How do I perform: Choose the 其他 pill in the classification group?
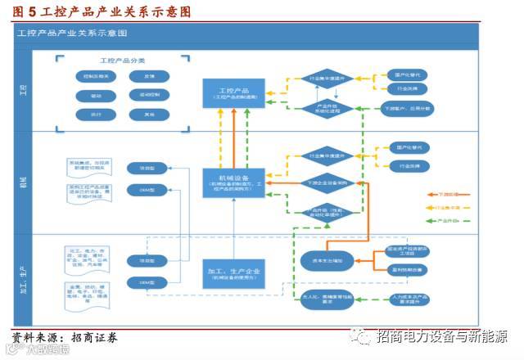tap(149, 115)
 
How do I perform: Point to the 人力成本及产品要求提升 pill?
tap(397, 296)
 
